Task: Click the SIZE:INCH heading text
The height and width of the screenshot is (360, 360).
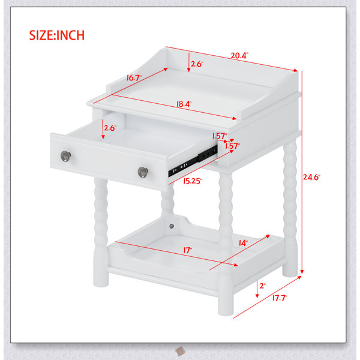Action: (x=57, y=35)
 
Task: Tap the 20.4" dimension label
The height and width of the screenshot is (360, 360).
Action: (x=239, y=56)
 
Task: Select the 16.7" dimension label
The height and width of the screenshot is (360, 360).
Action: (x=134, y=78)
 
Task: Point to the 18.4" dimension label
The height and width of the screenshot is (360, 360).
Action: (x=184, y=104)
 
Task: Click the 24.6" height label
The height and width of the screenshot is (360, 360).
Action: (x=311, y=177)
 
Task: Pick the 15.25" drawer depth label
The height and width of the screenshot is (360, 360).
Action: (x=193, y=181)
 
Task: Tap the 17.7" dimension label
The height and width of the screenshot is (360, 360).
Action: (x=280, y=298)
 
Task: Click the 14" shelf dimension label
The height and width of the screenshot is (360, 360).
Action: (x=243, y=243)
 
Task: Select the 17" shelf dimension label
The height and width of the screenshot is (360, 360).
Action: (x=188, y=250)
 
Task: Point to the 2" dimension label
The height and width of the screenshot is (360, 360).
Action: (x=262, y=286)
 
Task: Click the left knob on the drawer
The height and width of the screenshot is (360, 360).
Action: (x=65, y=156)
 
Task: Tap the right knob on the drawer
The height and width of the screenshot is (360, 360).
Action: (x=143, y=172)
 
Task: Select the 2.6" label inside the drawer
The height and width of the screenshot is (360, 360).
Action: (x=110, y=128)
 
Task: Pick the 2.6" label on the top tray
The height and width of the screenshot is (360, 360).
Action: (x=197, y=64)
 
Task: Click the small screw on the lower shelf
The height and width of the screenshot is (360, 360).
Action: (x=172, y=226)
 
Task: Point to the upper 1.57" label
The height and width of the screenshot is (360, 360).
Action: (x=220, y=136)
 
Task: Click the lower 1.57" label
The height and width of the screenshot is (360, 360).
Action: (x=232, y=146)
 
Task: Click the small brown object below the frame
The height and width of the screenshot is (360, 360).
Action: (x=180, y=351)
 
